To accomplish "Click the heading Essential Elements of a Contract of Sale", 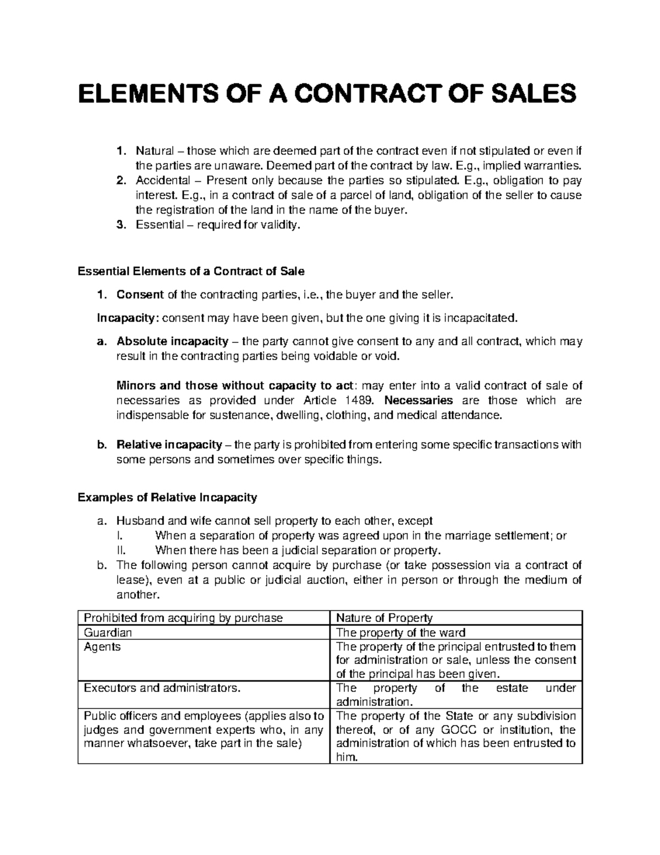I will click(191, 271).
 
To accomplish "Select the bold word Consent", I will click(140, 295).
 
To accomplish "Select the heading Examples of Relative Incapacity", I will click(168, 498).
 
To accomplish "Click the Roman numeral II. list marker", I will click(122, 550).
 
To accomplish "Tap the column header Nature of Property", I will click(384, 618).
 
